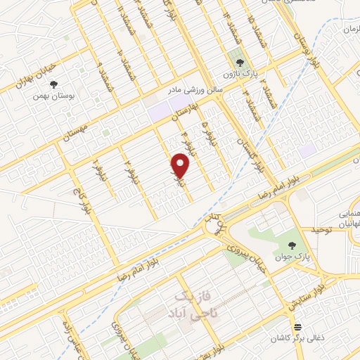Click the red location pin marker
[x=181, y=167]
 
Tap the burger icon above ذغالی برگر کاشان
[x=297, y=327]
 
